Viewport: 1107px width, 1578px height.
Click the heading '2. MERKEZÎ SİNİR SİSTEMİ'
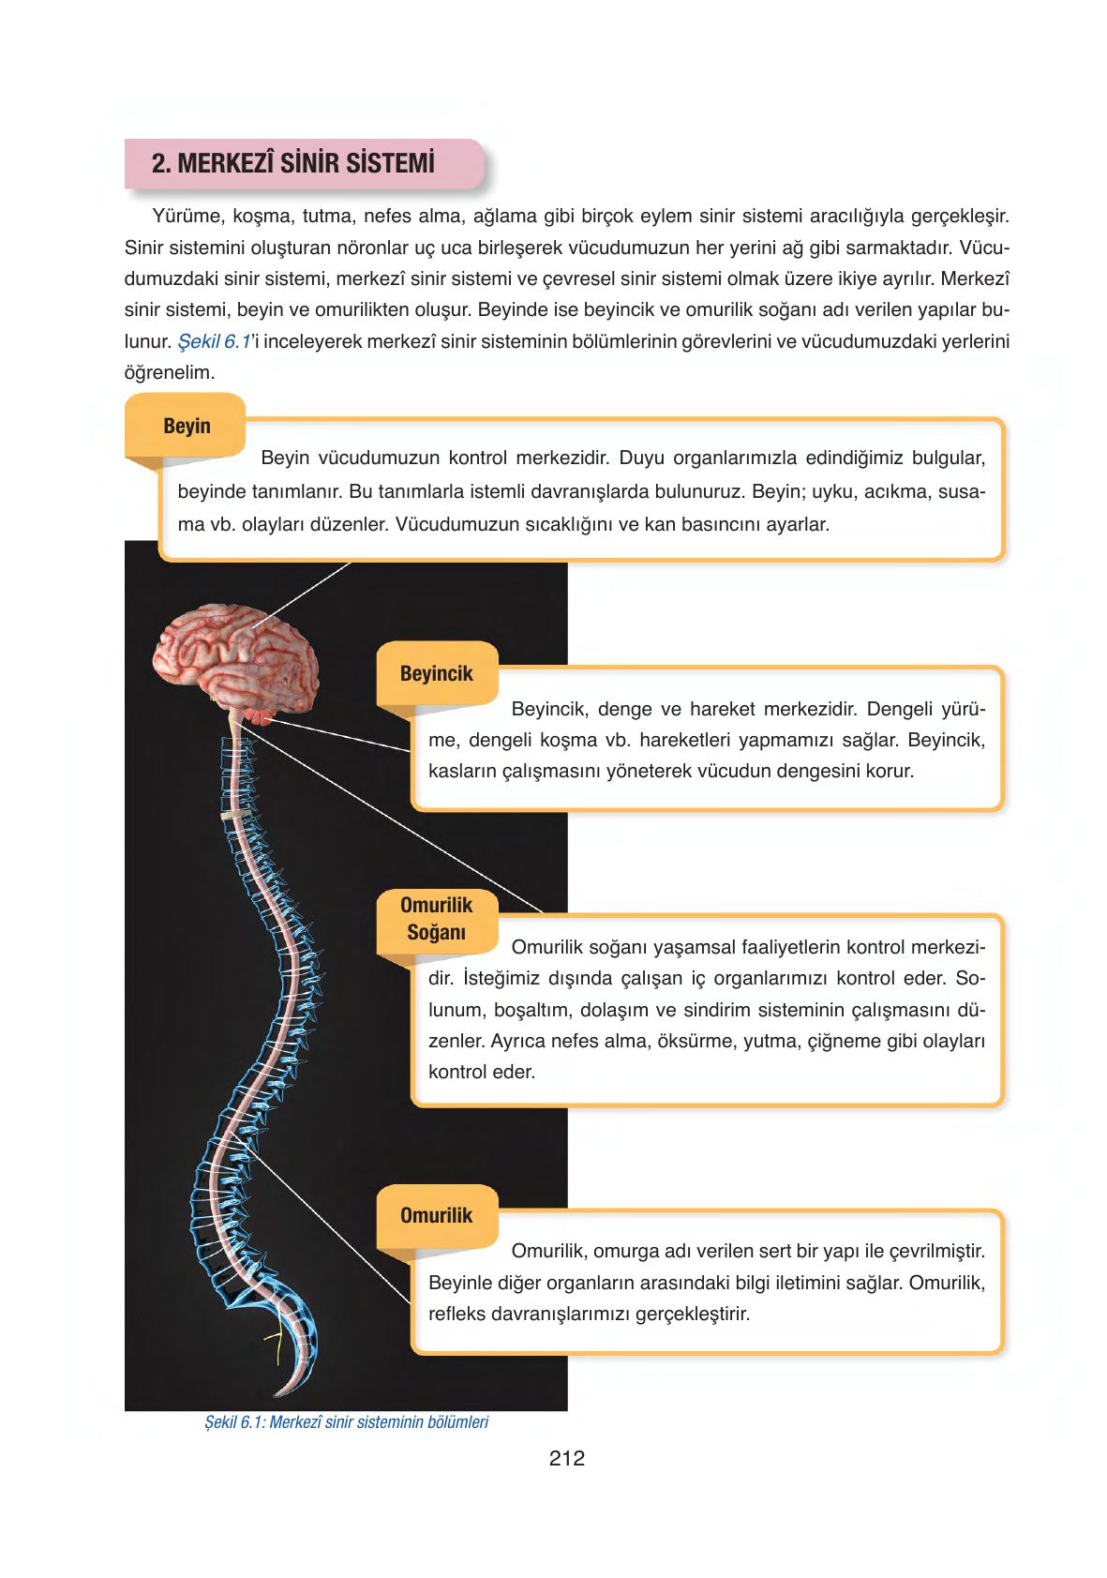(x=293, y=164)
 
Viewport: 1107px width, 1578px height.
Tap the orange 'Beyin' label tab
(x=187, y=427)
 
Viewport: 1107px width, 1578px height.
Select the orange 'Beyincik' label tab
(x=436, y=674)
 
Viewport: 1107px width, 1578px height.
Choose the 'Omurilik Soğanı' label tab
(x=436, y=919)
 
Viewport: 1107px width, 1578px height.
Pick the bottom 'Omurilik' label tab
(x=436, y=1216)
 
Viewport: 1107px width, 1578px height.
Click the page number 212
(x=567, y=1458)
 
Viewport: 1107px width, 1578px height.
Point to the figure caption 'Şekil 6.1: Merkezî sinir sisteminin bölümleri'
(x=346, y=1422)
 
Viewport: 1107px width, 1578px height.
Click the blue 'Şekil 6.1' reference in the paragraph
(x=214, y=341)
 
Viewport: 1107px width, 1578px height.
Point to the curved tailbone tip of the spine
(x=286, y=1388)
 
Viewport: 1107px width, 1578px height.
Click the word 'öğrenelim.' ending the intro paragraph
(x=170, y=372)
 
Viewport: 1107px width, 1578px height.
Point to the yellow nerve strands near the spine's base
(x=275, y=1343)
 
